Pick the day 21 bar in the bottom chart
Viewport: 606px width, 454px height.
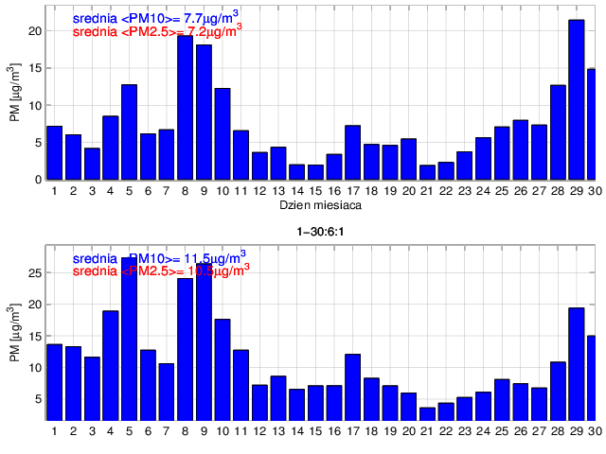[427, 413]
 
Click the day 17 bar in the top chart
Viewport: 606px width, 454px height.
[352, 152]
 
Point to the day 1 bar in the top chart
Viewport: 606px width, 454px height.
[54, 152]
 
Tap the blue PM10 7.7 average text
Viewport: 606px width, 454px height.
[156, 17]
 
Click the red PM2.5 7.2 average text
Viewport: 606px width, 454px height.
[156, 31]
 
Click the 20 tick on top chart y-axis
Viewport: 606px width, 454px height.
[35, 31]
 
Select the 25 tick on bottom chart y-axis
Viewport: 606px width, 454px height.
[35, 273]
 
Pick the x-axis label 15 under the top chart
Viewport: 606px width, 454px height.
[315, 191]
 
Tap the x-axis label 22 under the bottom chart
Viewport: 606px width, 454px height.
[446, 432]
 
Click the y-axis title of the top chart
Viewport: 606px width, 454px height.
[14, 93]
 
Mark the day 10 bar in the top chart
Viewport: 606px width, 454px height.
[223, 133]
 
